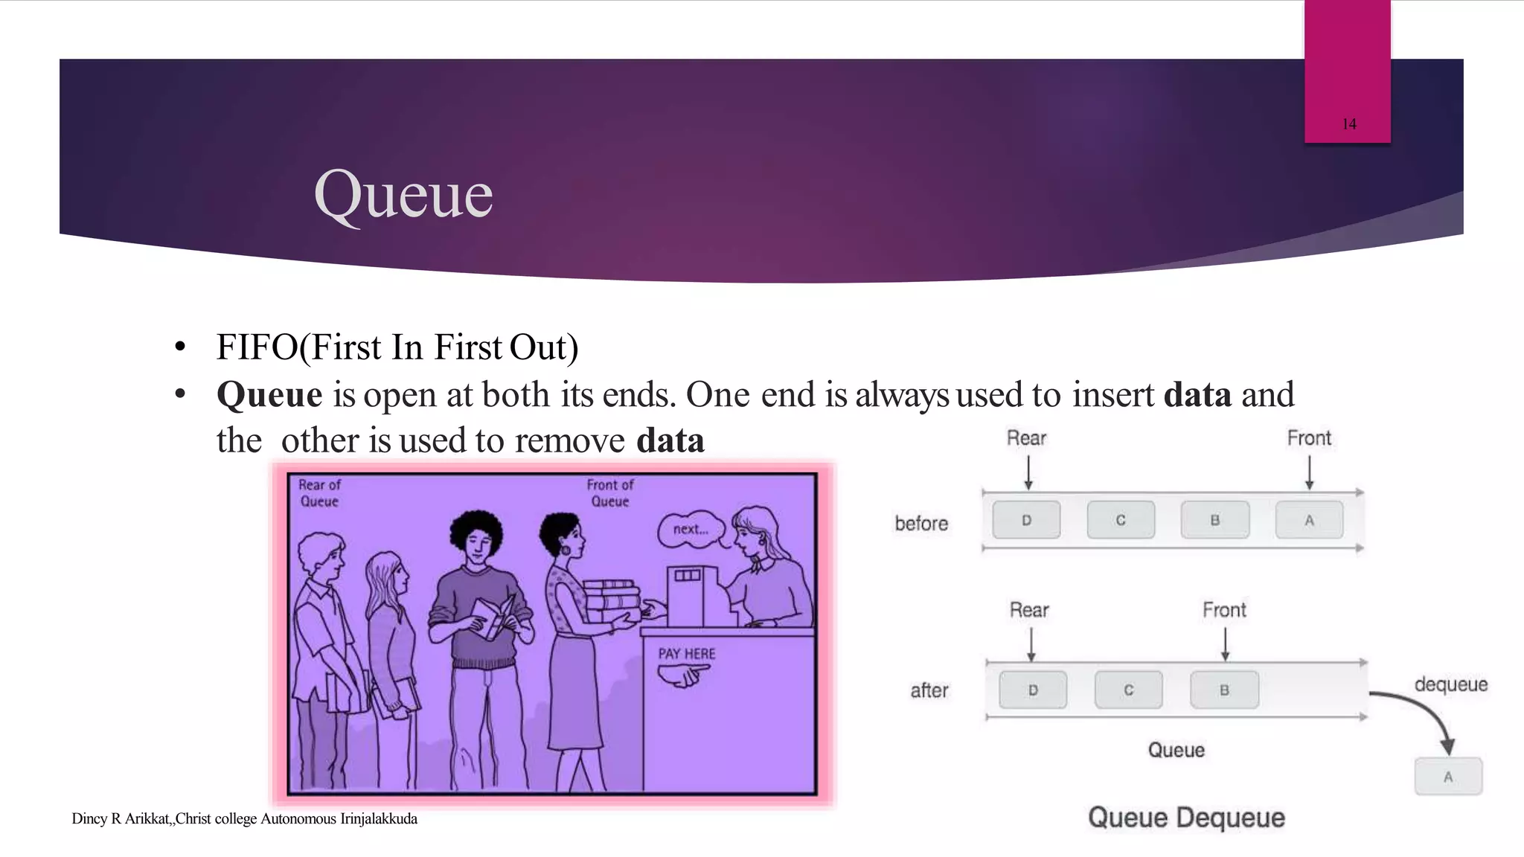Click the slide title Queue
pos(403,195)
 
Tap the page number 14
pos(1349,124)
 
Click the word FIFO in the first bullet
pos(257,347)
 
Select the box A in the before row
pos(1309,520)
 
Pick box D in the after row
pos(1032,690)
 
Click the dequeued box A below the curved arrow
pos(1447,777)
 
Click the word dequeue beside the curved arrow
pos(1450,684)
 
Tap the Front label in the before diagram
pos(1309,438)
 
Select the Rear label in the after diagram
pos(1029,610)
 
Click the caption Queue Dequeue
pos(1186,818)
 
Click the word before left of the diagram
pos(921,524)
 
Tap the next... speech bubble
pos(690,530)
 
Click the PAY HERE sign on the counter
pos(686,654)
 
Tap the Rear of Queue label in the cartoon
pos(319,493)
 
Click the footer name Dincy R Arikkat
pos(121,819)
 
